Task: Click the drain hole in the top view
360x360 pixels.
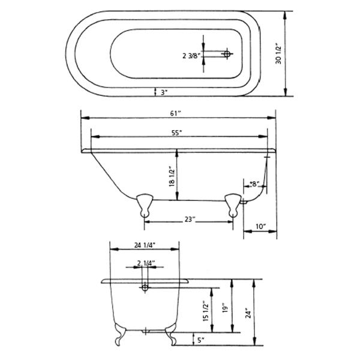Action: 227,55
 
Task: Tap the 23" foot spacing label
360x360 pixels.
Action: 190,220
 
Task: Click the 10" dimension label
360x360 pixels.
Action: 260,226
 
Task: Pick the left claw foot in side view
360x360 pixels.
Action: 144,204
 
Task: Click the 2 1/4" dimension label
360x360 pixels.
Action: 146,263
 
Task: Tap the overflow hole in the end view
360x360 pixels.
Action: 144,289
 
